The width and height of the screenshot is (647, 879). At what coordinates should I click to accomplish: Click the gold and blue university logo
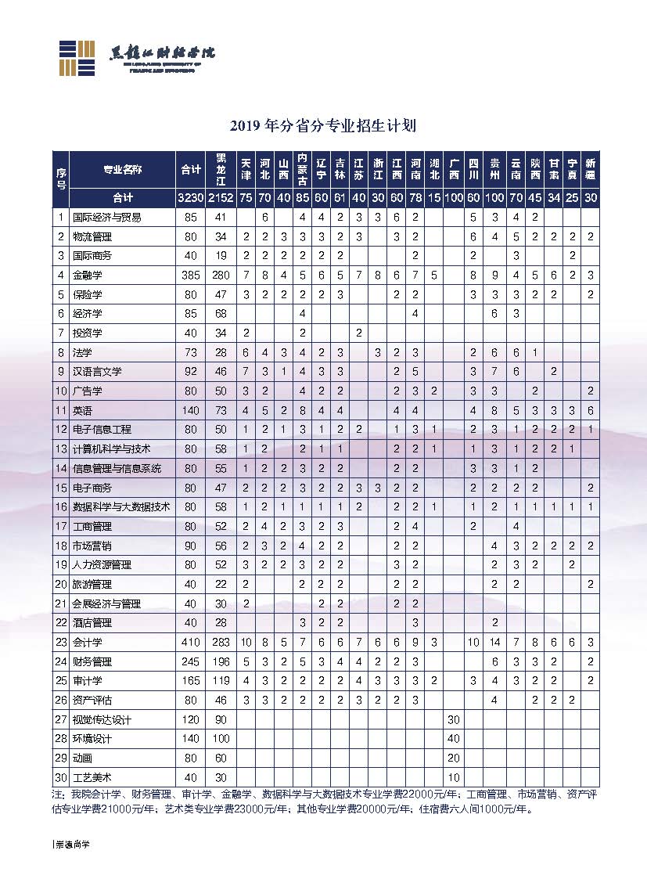[77, 57]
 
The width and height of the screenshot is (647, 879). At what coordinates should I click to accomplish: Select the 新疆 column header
[591, 168]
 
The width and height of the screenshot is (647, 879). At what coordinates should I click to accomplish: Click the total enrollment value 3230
[190, 198]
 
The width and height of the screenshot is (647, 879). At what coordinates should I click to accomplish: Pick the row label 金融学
[88, 275]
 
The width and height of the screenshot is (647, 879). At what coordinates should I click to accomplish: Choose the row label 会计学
[88, 642]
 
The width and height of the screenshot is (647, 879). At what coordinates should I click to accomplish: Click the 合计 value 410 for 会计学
[190, 642]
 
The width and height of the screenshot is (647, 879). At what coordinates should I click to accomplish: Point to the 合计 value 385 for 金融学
[190, 275]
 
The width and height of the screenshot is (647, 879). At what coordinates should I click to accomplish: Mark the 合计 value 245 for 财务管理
[190, 661]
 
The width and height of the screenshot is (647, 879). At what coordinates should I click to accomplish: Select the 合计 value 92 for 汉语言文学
[190, 371]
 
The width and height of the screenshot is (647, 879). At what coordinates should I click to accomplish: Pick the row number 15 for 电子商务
[61, 487]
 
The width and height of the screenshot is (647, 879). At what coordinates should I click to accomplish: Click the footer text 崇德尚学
[72, 845]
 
